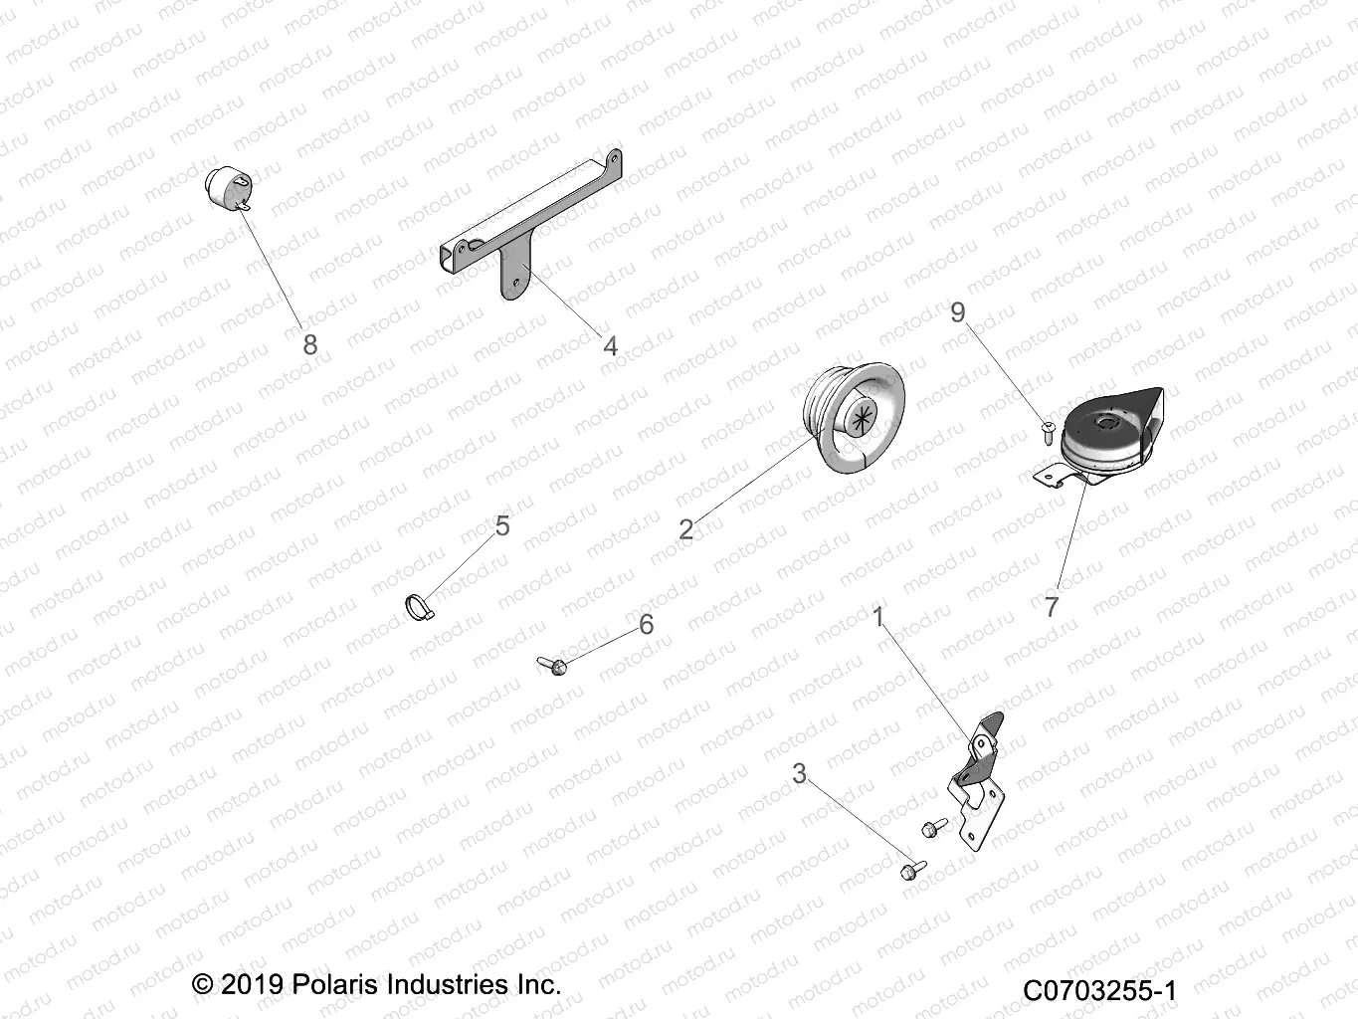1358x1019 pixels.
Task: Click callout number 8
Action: tap(310, 344)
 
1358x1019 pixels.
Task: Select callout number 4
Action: tap(610, 345)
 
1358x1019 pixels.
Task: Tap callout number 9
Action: tap(957, 312)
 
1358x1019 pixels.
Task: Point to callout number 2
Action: tap(685, 528)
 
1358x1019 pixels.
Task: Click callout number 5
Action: tap(502, 525)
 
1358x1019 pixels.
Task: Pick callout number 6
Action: tap(647, 624)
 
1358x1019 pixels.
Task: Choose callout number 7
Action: tap(1053, 606)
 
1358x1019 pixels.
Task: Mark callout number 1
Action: tap(878, 617)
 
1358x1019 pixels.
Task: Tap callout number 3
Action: tap(799, 773)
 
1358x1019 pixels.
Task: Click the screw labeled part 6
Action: tap(551, 662)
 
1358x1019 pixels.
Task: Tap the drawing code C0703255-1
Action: tap(1099, 990)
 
